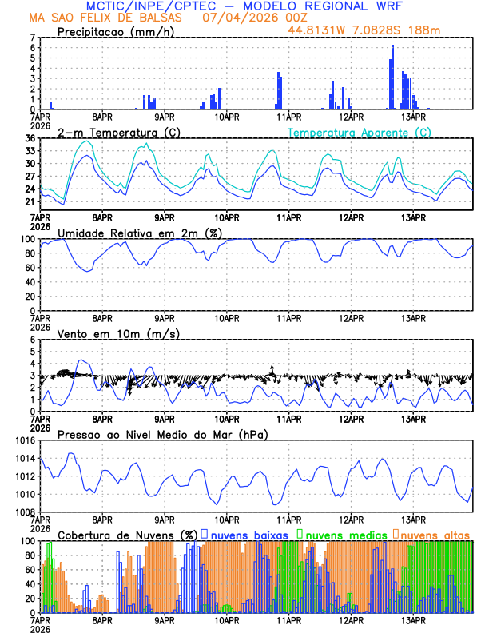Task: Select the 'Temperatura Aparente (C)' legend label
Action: coord(359,132)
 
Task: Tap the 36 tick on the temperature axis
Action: coord(30,139)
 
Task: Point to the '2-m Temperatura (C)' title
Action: coord(119,132)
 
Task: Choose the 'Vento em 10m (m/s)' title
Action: coord(118,333)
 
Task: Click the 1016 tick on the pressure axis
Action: coord(26,440)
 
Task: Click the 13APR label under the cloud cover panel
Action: coord(412,619)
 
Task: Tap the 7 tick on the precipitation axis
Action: coord(33,38)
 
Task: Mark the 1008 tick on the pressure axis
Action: coord(26,512)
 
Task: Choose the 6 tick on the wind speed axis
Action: coord(33,340)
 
